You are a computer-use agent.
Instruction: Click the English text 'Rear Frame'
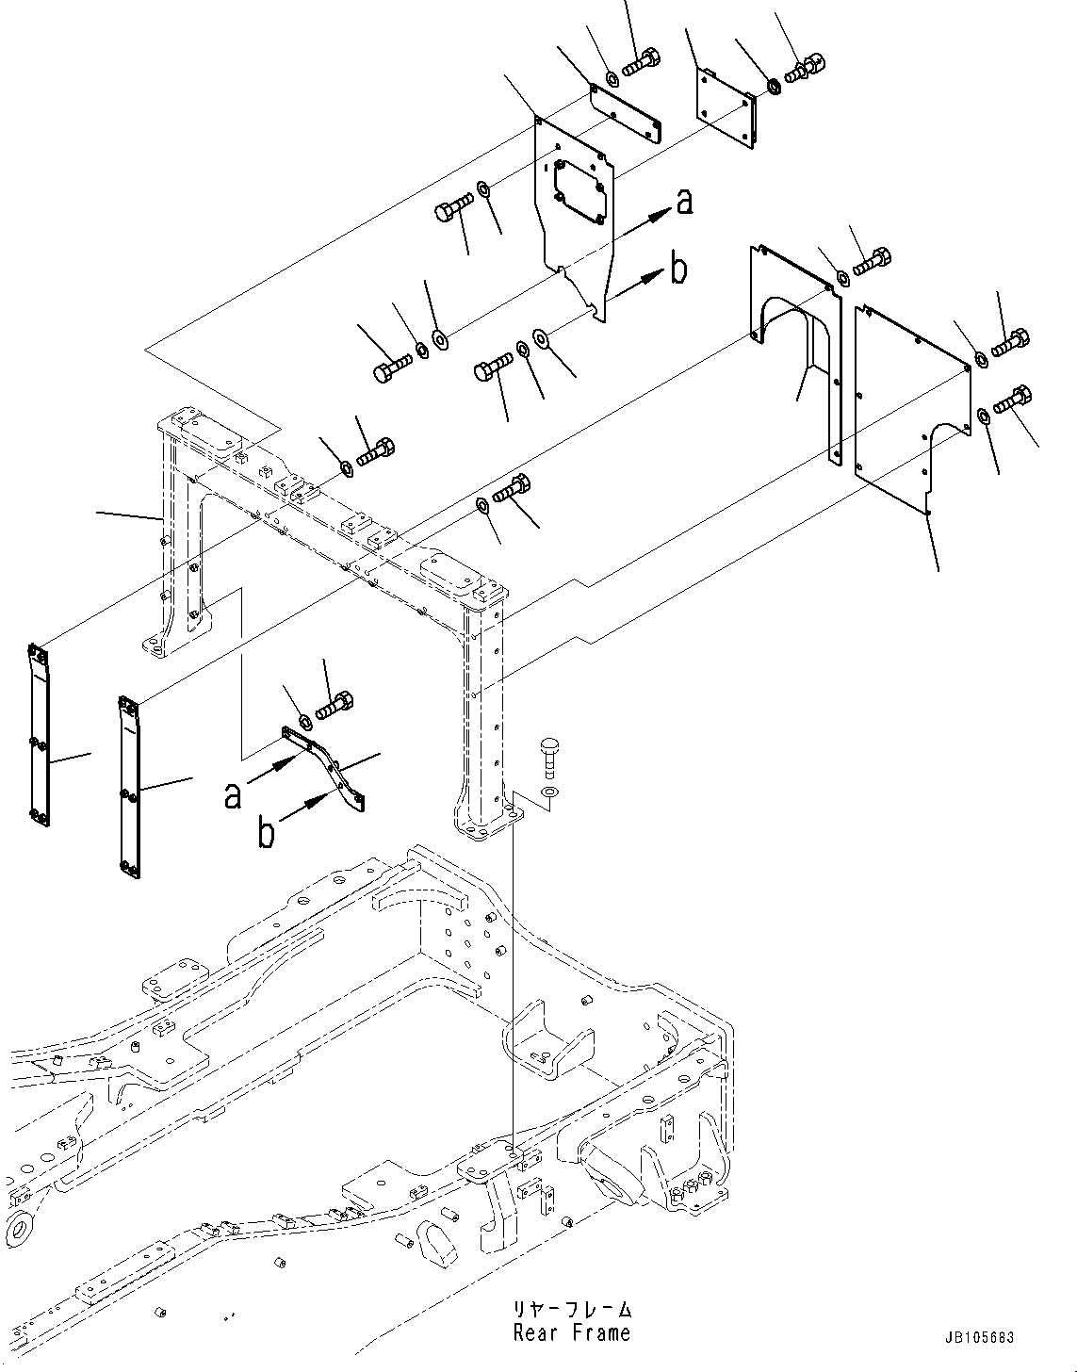click(x=571, y=1332)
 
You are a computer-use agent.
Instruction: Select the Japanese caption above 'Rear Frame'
click(x=571, y=1310)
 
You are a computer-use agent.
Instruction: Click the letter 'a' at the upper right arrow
click(x=684, y=201)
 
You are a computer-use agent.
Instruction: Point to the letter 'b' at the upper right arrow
click(x=677, y=270)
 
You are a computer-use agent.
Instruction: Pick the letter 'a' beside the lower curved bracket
click(x=233, y=796)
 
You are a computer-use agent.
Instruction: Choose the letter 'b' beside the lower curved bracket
click(x=268, y=832)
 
